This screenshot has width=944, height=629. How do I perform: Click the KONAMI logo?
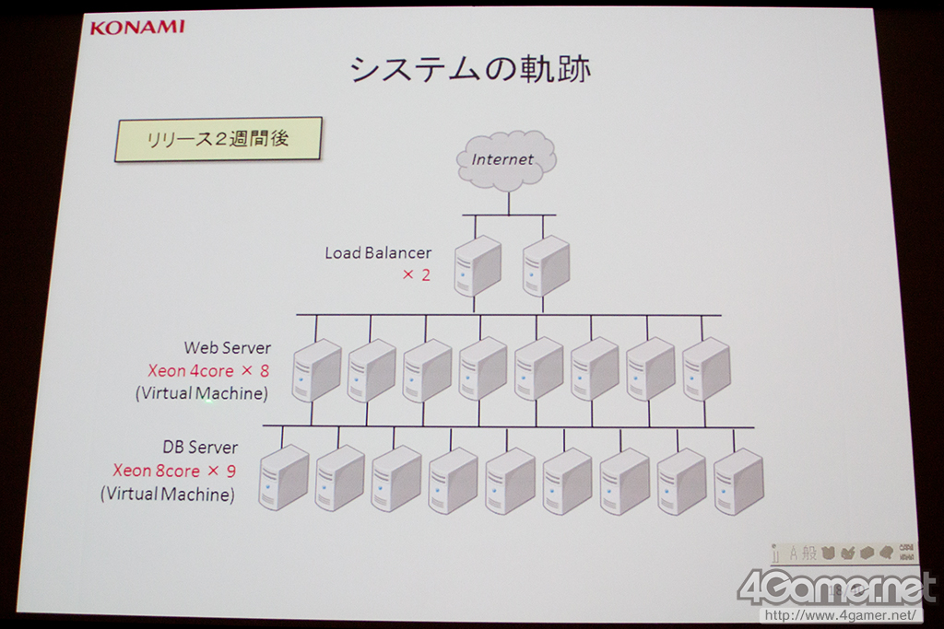tap(137, 27)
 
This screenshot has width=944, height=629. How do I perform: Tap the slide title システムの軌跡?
tap(470, 69)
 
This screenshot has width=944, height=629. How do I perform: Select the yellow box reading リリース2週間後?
tap(218, 139)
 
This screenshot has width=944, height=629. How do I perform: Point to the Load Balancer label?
tap(378, 252)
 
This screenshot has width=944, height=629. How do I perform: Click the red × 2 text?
tap(417, 274)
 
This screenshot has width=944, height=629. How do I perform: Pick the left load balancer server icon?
tap(478, 265)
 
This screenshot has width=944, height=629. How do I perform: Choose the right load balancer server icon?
tap(546, 265)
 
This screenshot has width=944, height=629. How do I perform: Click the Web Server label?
tap(228, 347)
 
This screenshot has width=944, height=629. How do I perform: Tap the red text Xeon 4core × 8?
tap(209, 370)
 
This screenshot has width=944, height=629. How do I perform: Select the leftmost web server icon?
tap(316, 370)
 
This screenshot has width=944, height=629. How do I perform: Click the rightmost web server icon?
tap(706, 369)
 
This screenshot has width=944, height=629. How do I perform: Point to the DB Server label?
tap(200, 448)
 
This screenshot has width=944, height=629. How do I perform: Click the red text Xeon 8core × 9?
tap(174, 471)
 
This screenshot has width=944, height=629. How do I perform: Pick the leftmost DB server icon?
tap(283, 478)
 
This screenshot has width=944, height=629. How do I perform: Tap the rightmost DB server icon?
tap(738, 482)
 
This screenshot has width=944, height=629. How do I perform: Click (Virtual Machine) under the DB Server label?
tap(167, 495)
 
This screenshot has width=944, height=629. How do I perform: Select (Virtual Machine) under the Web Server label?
tap(201, 393)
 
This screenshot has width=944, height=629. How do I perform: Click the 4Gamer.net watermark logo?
tap(836, 586)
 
